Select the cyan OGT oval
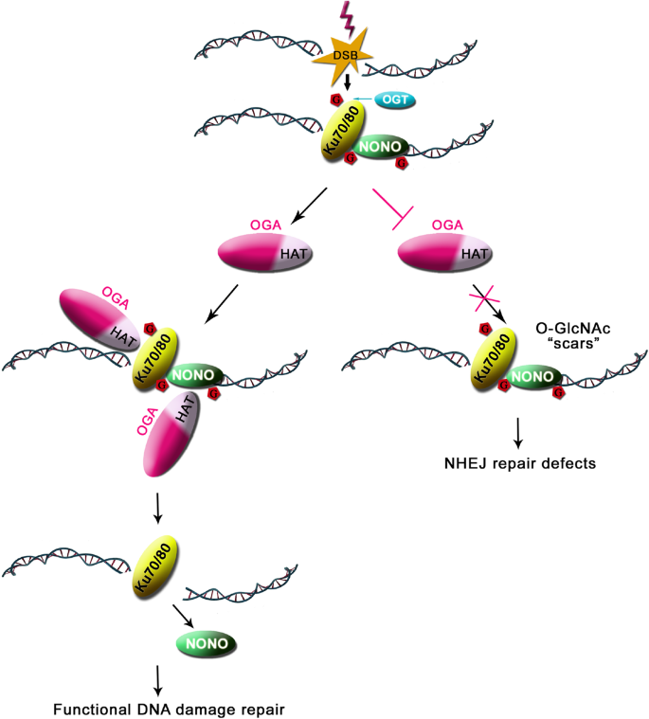click(394, 99)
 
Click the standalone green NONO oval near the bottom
click(207, 643)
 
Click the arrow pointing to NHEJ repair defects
click(518, 434)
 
